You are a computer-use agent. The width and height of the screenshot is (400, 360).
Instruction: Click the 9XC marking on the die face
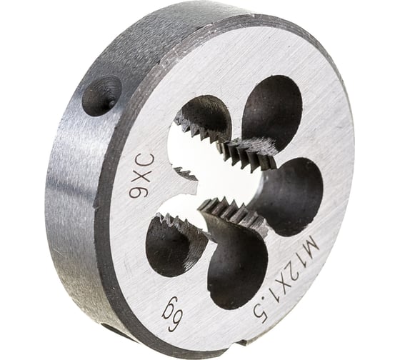click(x=141, y=176)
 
